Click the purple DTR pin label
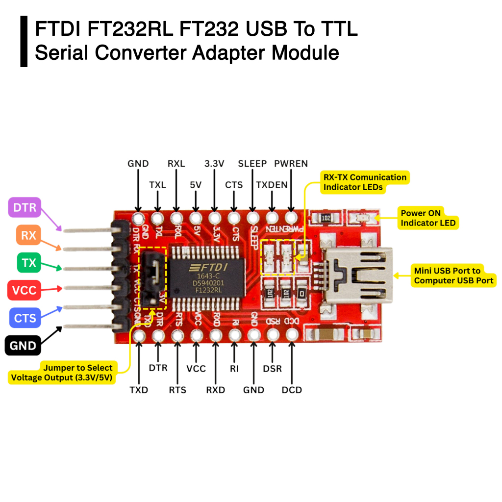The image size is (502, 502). pos(25,207)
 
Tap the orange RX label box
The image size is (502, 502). pos(29,235)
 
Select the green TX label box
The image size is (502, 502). pos(29,263)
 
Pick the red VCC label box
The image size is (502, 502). pos(25,290)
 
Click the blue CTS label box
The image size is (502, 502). pos(25,318)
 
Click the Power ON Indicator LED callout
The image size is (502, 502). pos(428,218)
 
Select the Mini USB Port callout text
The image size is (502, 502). pos(453,276)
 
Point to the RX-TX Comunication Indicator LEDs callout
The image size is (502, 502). pos(365,182)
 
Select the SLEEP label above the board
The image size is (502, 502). pos(252,164)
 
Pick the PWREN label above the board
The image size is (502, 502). pos(291,164)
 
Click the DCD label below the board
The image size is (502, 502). pos(292,390)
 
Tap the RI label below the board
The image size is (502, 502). pos(234,368)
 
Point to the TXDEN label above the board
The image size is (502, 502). pos(272,185)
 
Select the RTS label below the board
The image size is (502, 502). pos(177,390)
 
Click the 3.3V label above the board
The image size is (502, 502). pos(214,164)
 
